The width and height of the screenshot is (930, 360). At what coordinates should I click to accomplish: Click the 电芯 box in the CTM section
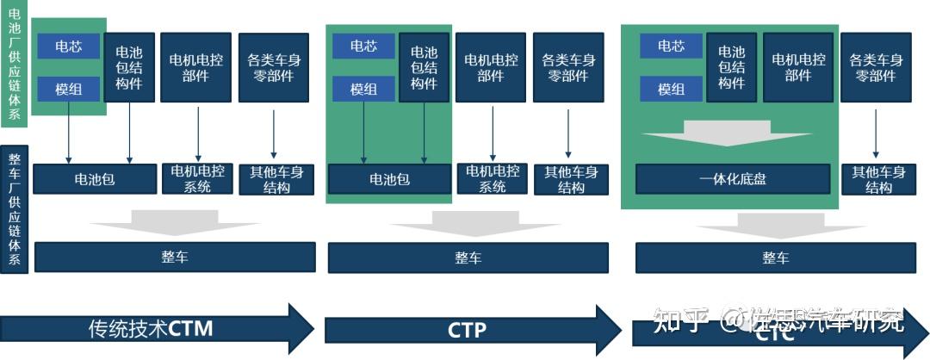[x=68, y=47]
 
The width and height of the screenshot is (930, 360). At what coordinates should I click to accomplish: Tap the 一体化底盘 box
[x=732, y=179]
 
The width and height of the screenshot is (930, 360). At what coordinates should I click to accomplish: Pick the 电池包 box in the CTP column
[x=390, y=179]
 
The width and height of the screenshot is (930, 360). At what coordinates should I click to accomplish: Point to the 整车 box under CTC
[x=775, y=258]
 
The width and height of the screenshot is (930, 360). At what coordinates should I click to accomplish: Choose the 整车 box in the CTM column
[x=175, y=258]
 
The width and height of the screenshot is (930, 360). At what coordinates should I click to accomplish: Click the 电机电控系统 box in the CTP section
[x=492, y=179]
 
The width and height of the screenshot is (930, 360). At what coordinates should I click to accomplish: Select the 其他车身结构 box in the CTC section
[x=878, y=179]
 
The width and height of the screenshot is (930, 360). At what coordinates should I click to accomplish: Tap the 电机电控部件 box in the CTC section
[x=798, y=67]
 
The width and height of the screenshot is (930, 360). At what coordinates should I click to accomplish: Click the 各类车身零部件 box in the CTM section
[x=274, y=67]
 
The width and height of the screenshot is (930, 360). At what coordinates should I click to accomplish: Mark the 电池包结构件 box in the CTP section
[x=424, y=67]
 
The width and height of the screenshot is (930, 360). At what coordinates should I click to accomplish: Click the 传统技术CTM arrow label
[x=151, y=328]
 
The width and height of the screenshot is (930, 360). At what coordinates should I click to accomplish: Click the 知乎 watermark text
[x=679, y=321]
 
